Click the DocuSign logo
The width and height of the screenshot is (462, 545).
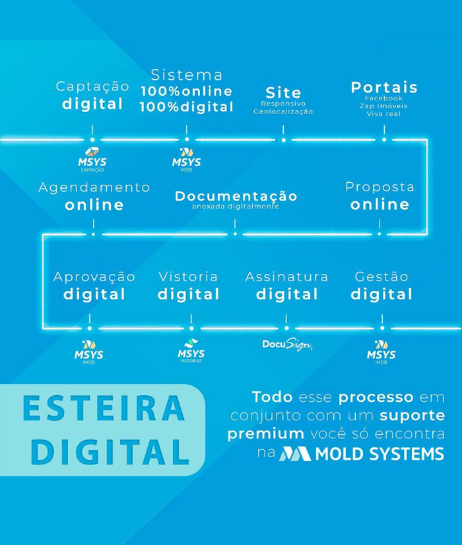click(x=286, y=344)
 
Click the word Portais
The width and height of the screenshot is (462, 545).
click(x=384, y=87)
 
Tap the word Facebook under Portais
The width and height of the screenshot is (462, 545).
click(x=383, y=98)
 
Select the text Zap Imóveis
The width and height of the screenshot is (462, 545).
click(x=383, y=106)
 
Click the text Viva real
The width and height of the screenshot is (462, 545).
click(x=383, y=114)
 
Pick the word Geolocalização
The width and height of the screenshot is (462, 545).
click(x=283, y=112)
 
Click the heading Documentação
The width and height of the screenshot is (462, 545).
click(x=236, y=196)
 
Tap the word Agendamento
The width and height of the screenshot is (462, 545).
click(x=94, y=187)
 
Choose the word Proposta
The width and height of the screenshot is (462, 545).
click(x=379, y=187)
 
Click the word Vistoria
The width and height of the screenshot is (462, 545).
click(x=188, y=276)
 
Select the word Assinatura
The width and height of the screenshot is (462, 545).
click(x=286, y=276)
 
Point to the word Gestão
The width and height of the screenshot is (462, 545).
click(x=381, y=276)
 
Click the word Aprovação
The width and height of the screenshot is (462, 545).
click(x=94, y=276)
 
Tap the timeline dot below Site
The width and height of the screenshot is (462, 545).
click(x=283, y=139)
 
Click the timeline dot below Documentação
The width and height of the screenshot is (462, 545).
click(x=235, y=232)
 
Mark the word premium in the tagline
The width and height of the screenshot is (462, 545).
click(x=266, y=434)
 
